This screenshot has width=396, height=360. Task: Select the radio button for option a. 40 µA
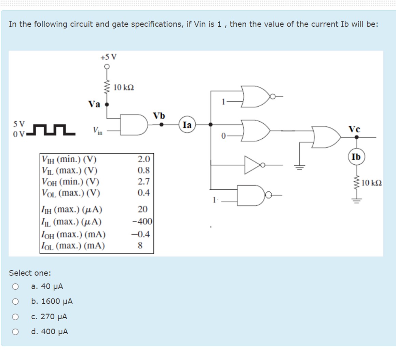coord(15,287)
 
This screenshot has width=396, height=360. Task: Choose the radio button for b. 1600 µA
coord(15,302)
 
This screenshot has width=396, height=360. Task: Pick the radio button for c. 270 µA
coord(15,317)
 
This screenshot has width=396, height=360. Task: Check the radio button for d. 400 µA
coord(15,332)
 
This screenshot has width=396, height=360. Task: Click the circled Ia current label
coord(187,125)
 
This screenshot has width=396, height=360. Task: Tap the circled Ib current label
coord(356,157)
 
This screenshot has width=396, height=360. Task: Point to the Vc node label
coord(354,129)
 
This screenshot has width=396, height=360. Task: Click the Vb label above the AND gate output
coord(159,115)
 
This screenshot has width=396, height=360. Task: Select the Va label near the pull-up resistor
coord(94,104)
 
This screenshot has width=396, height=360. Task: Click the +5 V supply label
coord(108,57)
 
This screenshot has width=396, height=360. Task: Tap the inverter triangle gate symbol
coord(253,165)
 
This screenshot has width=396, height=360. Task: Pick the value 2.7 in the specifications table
coord(144,181)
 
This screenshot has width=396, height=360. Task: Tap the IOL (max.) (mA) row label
coord(73,246)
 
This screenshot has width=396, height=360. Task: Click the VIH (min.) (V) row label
coord(69,159)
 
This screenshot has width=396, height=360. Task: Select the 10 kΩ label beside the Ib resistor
coord(371,183)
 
